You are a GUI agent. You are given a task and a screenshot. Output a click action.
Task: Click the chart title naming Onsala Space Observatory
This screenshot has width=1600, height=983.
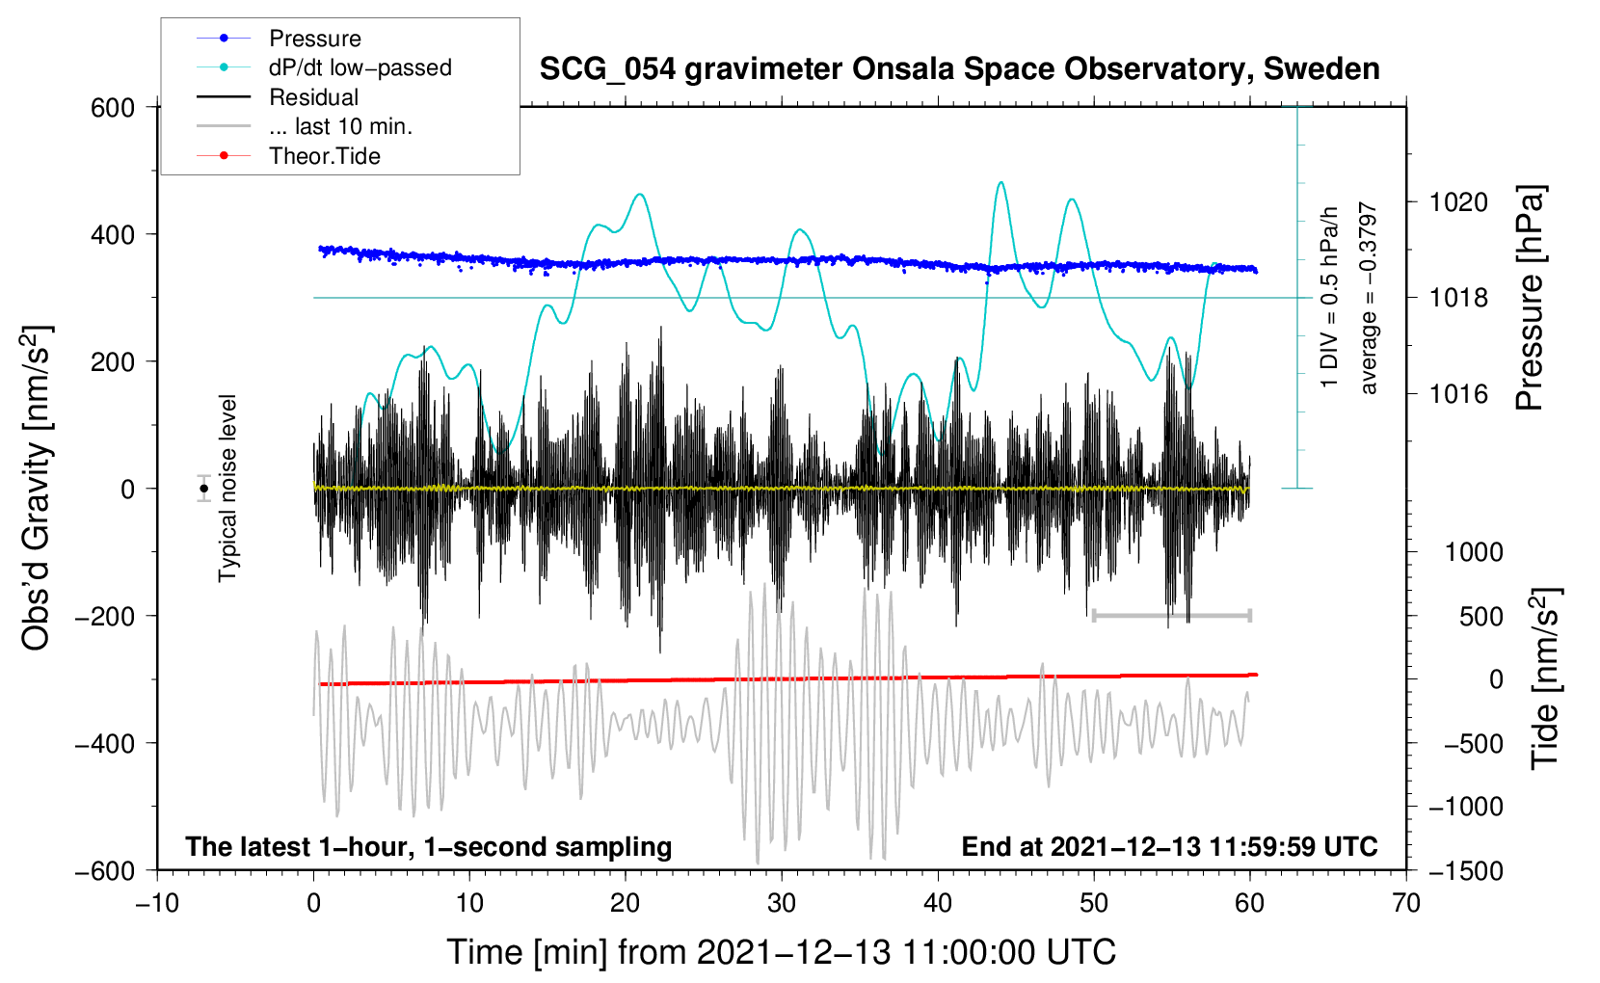click(x=959, y=69)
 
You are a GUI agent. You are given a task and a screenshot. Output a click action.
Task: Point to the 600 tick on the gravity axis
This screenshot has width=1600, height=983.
click(x=113, y=108)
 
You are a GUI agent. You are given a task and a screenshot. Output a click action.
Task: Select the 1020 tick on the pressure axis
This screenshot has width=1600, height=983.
click(x=1458, y=202)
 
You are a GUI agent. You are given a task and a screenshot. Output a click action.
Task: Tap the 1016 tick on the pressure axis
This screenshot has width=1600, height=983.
click(x=1458, y=394)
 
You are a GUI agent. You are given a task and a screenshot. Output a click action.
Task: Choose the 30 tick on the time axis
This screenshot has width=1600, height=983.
click(x=782, y=903)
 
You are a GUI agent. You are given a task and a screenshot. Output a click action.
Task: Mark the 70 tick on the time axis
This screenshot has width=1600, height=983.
click(x=1406, y=903)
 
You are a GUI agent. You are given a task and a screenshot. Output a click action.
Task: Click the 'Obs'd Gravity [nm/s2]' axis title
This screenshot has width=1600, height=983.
click(x=37, y=488)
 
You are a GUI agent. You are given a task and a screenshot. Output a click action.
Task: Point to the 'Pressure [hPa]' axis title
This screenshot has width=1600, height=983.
click(x=1530, y=299)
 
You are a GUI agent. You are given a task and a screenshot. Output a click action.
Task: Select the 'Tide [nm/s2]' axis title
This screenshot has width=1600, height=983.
click(x=1545, y=677)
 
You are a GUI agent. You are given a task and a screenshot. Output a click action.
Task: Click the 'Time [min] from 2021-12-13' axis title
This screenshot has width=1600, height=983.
click(x=781, y=952)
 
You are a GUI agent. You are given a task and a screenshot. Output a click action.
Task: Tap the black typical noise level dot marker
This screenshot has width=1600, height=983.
click(x=204, y=489)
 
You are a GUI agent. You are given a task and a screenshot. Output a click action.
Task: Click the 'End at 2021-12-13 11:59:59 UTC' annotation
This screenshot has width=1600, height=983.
click(x=1169, y=846)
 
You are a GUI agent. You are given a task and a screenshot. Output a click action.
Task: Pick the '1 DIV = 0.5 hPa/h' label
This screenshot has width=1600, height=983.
click(x=1330, y=297)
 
